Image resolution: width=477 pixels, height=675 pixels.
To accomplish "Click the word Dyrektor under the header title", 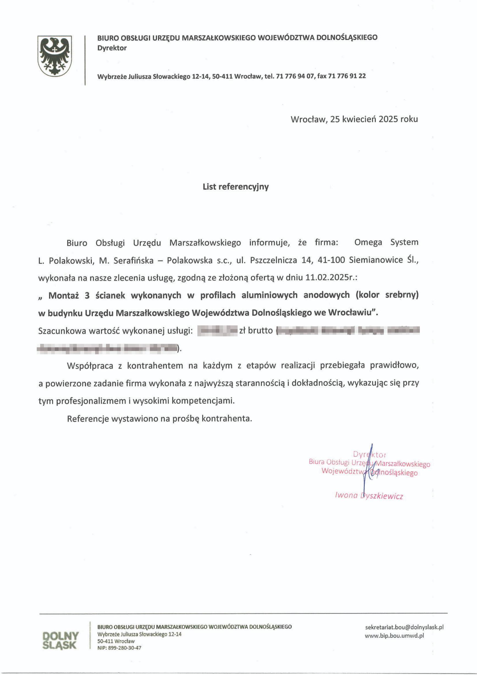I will pyautogui.click(x=112, y=48).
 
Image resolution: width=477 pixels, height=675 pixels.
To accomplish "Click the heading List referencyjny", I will pyautogui.click(x=236, y=187).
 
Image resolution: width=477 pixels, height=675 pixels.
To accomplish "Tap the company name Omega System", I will pyautogui.click(x=386, y=242).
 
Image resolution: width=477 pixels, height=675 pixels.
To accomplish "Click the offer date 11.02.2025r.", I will pyautogui.click(x=330, y=278).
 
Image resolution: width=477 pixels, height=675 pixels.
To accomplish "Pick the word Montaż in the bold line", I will pyautogui.click(x=64, y=295).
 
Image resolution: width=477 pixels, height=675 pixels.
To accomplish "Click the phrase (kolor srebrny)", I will pyautogui.click(x=387, y=295).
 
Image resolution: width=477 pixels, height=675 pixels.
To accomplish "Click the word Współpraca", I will pyautogui.click(x=90, y=366).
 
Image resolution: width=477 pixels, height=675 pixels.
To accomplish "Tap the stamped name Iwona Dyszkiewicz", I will pyautogui.click(x=369, y=496).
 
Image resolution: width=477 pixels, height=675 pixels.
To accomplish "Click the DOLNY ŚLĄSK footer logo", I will pyautogui.click(x=60, y=640).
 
